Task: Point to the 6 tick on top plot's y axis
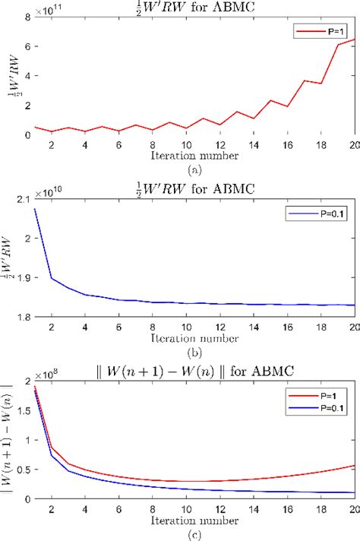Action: tap(28, 46)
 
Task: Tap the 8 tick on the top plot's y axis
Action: tap(28, 17)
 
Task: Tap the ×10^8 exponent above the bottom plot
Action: tap(48, 374)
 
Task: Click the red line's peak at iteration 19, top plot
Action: tap(338, 45)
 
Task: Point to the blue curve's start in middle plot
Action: tap(35, 209)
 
